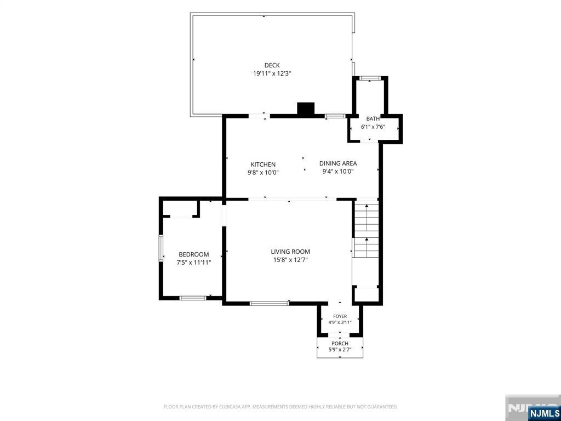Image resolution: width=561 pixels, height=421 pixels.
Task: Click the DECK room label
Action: (272, 65)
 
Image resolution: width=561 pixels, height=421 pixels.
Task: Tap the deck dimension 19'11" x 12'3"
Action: (272, 73)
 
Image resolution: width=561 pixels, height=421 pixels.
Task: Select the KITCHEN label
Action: (263, 164)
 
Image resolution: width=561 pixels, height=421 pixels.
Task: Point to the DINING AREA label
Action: (338, 163)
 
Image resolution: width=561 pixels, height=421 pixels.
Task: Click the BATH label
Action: (373, 118)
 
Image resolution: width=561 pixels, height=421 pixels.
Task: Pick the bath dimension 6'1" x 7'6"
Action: (373, 127)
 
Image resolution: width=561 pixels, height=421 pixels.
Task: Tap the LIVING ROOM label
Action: (290, 252)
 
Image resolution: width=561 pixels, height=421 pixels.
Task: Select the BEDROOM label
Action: (193, 254)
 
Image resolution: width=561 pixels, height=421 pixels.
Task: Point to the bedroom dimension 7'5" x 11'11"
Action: (193, 263)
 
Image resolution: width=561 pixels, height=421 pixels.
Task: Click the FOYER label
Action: (340, 316)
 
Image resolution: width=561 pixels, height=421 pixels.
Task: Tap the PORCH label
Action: (340, 344)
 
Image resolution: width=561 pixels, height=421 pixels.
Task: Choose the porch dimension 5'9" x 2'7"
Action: (340, 350)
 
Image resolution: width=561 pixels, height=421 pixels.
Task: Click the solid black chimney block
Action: (306, 109)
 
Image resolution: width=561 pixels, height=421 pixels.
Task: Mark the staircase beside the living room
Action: (367, 231)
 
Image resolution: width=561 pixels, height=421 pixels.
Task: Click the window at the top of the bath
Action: (370, 78)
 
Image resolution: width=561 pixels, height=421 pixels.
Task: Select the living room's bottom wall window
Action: (270, 304)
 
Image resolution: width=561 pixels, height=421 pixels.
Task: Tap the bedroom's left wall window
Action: (161, 248)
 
